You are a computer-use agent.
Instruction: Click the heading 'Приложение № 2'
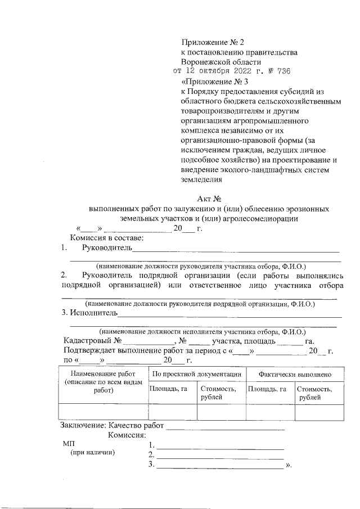click(214, 43)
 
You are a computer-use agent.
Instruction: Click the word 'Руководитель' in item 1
click(107, 248)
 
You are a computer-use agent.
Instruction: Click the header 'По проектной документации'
click(197, 374)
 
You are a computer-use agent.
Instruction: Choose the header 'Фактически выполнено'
click(294, 374)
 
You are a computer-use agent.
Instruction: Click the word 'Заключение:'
click(84, 426)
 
